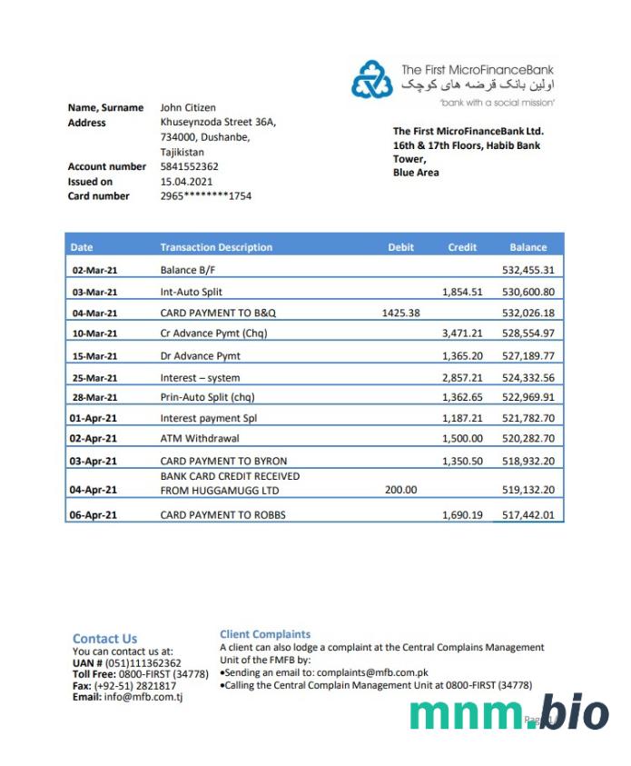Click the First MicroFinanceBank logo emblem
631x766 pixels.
(372, 80)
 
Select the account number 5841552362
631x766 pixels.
(189, 166)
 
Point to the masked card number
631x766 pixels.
(205, 195)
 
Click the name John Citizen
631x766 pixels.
(188, 107)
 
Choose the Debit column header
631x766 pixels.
(400, 247)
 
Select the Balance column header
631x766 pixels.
(527, 247)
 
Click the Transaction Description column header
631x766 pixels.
(216, 247)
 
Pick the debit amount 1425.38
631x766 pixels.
(400, 313)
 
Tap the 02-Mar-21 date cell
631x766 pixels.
(94, 270)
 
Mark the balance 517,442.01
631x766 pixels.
(527, 515)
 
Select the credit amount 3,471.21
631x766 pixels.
(462, 333)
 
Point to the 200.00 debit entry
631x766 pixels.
(401, 490)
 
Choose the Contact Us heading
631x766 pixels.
(104, 638)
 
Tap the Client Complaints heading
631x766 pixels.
(265, 634)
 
